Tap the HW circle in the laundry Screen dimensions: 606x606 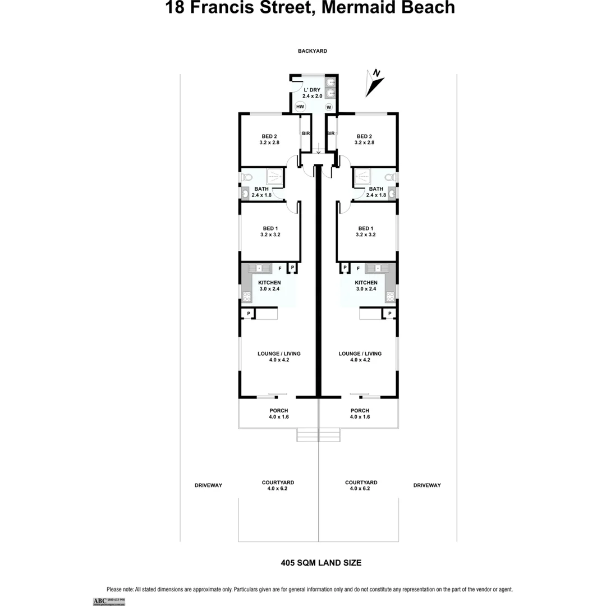click(x=300, y=107)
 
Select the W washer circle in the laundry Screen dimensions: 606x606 click(x=329, y=107)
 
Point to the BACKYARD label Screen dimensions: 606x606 click(x=312, y=51)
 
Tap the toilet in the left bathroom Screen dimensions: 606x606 click(x=246, y=177)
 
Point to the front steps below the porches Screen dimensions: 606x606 click(x=318, y=434)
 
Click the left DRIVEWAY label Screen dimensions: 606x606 click(x=208, y=485)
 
